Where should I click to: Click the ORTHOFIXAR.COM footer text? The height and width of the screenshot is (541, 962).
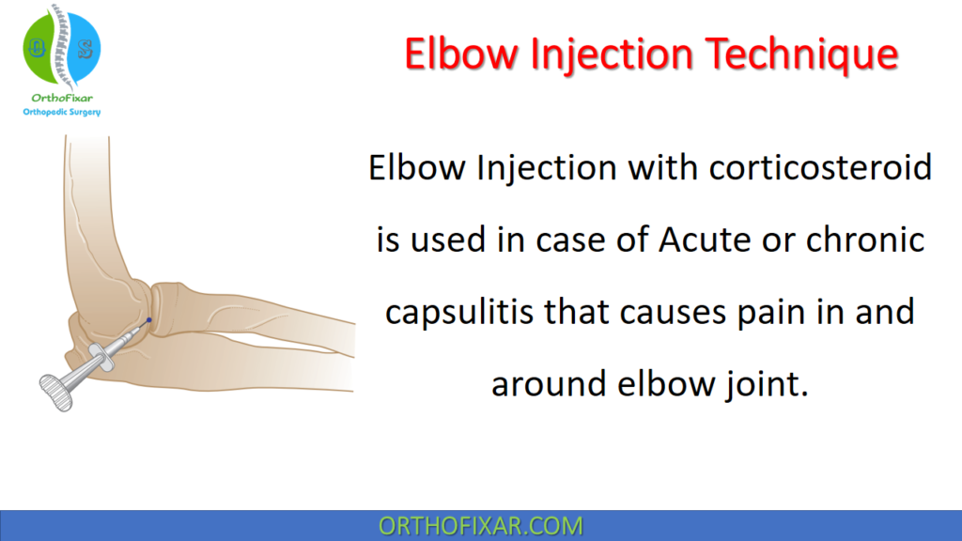480,525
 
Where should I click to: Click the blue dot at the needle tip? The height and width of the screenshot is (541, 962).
148,322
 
